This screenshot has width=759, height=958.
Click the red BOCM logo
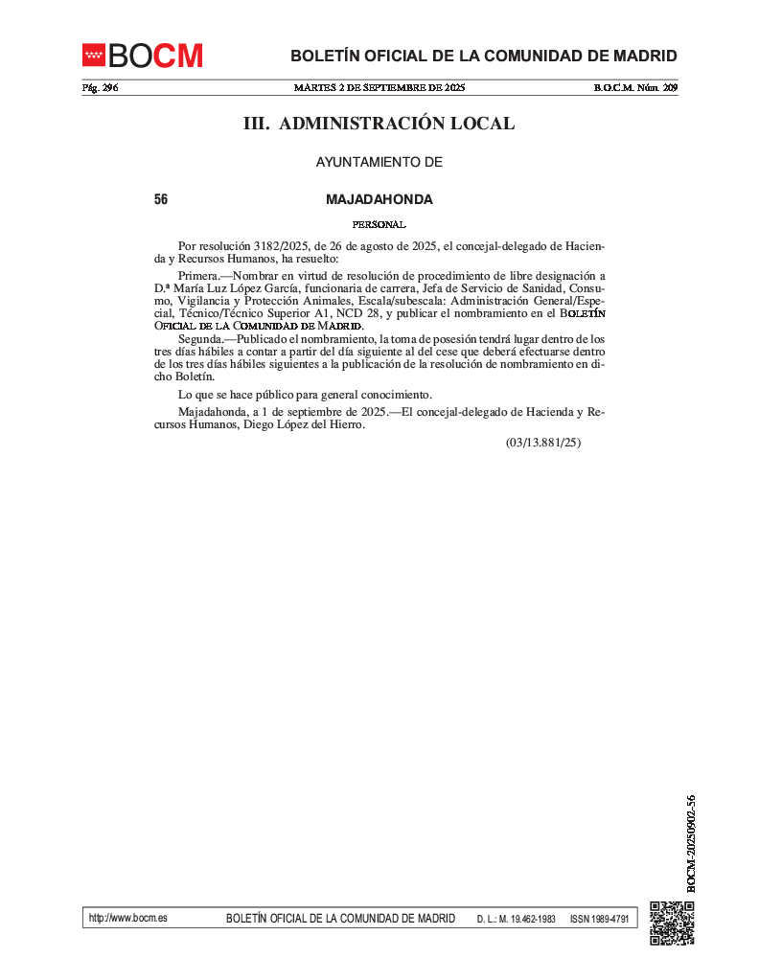click(x=142, y=56)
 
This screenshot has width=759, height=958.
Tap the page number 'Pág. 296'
click(x=100, y=88)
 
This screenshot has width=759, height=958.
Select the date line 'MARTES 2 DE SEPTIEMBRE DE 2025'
click(x=379, y=88)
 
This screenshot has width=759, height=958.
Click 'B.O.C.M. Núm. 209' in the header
click(x=635, y=88)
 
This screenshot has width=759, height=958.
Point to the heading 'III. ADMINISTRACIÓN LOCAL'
click(x=379, y=124)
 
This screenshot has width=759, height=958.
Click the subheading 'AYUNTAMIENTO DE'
click(x=379, y=162)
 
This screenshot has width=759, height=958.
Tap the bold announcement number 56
click(x=161, y=200)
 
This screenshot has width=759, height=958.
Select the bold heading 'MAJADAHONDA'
click(x=379, y=200)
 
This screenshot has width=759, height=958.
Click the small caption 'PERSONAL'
click(x=379, y=224)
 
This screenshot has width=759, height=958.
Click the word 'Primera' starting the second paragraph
click(x=198, y=276)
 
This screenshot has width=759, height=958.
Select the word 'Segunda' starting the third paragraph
click(x=200, y=339)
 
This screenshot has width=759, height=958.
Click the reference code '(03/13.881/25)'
click(x=543, y=443)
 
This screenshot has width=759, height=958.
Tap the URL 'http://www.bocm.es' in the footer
click(x=127, y=918)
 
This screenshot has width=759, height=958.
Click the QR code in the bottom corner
click(x=672, y=923)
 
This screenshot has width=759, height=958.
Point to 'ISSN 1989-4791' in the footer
click(x=599, y=919)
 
